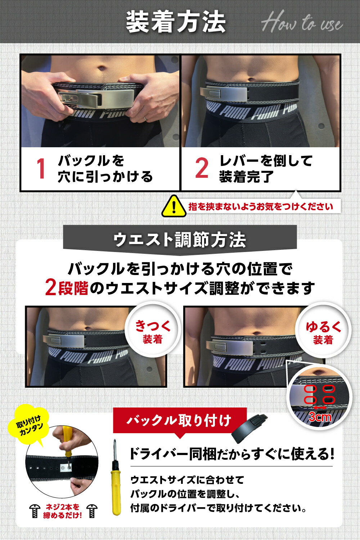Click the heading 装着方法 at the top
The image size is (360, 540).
coord(176,22)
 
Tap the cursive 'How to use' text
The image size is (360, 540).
coord(302,23)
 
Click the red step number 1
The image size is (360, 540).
coord(41,168)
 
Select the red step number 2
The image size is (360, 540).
coord(202,168)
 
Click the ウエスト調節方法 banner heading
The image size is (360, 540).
coord(180,239)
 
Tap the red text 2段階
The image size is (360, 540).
coord(67,288)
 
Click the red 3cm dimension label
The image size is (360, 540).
coord(320,417)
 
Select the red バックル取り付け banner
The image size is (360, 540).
coord(179,420)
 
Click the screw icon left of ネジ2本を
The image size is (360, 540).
coord(35,511)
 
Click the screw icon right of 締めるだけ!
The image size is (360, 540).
coord(92,511)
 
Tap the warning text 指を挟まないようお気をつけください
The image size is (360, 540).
coord(261,207)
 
